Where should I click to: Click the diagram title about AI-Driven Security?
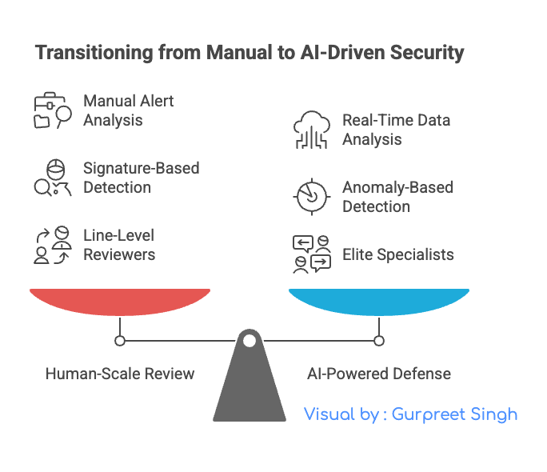pyautogui.click(x=250, y=54)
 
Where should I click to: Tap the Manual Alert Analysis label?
pyautogui.click(x=128, y=111)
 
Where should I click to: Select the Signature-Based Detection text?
pyautogui.click(x=141, y=178)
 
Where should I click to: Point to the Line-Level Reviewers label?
pyautogui.click(x=119, y=245)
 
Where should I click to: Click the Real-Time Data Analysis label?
pyautogui.click(x=396, y=130)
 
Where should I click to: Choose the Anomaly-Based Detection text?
pyautogui.click(x=397, y=197)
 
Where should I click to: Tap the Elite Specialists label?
pyautogui.click(x=397, y=255)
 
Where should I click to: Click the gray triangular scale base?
pyautogui.click(x=250, y=384)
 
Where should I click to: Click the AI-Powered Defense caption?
pyautogui.click(x=379, y=374)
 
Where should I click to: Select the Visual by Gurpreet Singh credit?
pyautogui.click(x=410, y=414)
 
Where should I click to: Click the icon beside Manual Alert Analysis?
pyautogui.click(x=52, y=111)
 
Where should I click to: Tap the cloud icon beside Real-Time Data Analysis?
pyautogui.click(x=311, y=130)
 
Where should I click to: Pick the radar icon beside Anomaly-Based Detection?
pyautogui.click(x=311, y=197)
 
